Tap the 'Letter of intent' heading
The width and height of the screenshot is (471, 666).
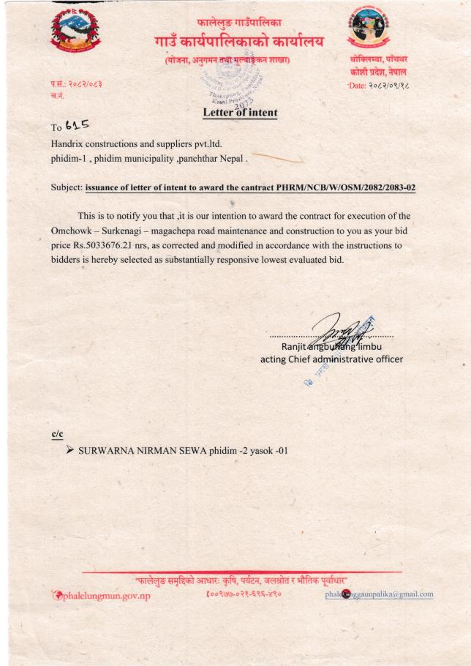coord(240,113)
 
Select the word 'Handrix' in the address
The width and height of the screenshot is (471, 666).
coord(67,143)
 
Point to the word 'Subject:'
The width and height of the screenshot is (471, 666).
coord(67,187)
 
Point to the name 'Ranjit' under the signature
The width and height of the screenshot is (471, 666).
coord(295,346)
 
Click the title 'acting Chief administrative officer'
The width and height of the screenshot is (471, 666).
coord(331,359)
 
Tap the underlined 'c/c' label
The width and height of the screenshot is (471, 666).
coord(57,434)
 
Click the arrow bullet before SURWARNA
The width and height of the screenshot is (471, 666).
coord(70,450)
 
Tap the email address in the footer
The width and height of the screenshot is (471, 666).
coord(380,594)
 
